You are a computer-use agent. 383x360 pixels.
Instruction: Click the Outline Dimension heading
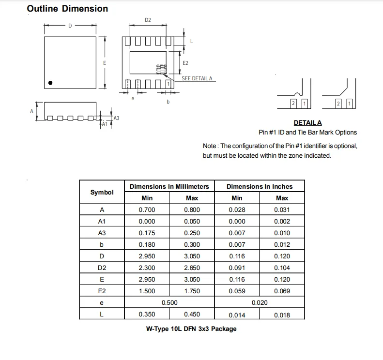(67, 9)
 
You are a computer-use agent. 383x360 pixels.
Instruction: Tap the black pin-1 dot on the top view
(50, 83)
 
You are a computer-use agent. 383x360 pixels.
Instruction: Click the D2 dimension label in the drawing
(148, 20)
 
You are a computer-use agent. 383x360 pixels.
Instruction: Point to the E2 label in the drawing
(185, 63)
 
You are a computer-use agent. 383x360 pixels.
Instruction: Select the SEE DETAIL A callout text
(197, 79)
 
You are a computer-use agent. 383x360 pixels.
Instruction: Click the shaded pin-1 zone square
(161, 69)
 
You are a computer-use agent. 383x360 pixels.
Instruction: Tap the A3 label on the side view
(116, 118)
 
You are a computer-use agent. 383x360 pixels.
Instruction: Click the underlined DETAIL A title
(307, 123)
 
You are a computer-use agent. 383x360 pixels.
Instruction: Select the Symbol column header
(102, 192)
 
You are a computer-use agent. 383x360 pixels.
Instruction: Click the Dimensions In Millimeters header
(169, 186)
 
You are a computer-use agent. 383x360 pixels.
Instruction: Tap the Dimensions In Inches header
(260, 186)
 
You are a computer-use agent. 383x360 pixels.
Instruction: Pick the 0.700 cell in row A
(147, 210)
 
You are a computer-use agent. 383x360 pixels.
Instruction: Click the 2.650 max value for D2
(192, 268)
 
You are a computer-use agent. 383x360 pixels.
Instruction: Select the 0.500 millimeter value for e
(169, 303)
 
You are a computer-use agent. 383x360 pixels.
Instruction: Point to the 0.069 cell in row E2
(282, 291)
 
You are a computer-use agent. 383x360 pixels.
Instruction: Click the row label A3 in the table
(102, 233)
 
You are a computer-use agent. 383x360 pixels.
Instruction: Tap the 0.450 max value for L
(192, 315)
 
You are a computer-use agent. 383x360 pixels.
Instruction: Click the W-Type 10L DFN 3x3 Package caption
(191, 329)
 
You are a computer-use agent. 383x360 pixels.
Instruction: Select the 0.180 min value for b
(147, 245)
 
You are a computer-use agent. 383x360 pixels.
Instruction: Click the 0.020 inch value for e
(260, 303)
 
